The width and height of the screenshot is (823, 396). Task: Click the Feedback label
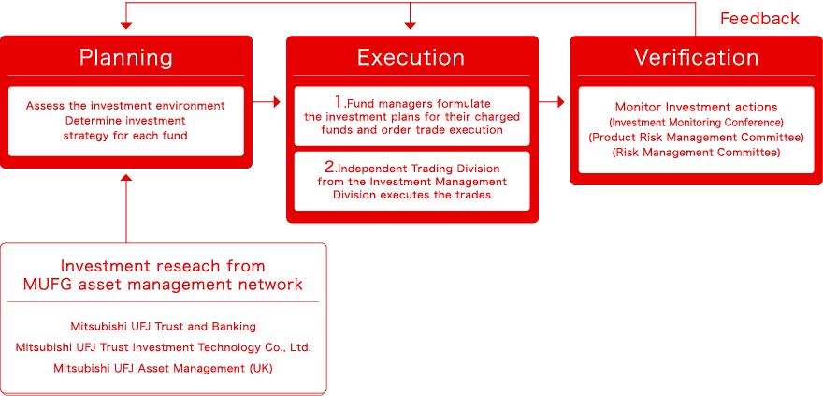click(759, 19)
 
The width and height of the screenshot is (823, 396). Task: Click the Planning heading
click(126, 57)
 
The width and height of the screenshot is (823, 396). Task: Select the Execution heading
click(411, 57)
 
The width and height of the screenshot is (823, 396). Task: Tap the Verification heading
click(696, 57)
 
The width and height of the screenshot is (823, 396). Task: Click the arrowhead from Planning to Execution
click(276, 102)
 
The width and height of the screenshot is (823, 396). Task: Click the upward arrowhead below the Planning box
click(126, 177)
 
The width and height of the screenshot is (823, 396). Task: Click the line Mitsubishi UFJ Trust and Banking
click(163, 327)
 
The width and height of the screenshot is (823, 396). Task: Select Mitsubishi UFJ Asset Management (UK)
click(163, 368)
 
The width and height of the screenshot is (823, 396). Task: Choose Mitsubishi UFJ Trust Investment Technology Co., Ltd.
click(163, 347)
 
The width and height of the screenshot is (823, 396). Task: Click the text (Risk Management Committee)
click(696, 152)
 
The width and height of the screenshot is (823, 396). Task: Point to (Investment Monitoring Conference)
click(696, 123)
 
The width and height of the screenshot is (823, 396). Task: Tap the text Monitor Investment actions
click(696, 108)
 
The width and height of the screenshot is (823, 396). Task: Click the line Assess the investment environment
click(126, 106)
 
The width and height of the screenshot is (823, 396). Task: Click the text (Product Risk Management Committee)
click(696, 138)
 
